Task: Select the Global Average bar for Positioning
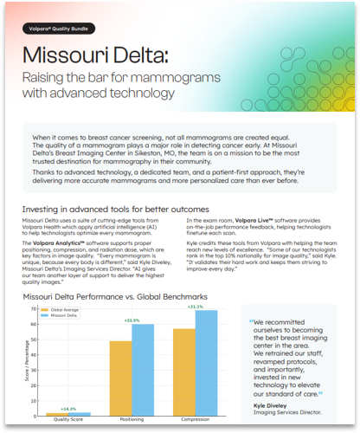[x=120, y=378]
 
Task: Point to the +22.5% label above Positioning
[x=132, y=320]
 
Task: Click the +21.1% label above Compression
[x=195, y=307]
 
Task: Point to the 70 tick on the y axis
[x=34, y=309]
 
